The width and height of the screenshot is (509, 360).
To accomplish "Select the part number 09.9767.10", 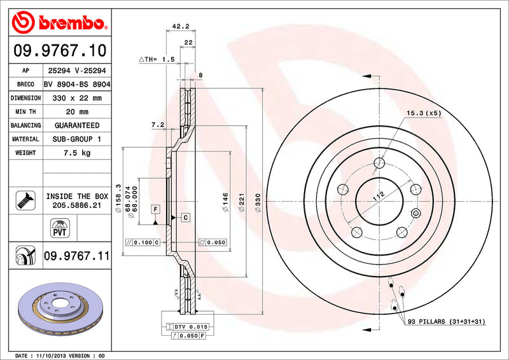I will point(59,50).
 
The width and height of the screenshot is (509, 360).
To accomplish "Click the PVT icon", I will point(59,227).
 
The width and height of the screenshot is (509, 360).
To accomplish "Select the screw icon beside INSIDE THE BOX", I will point(21,201).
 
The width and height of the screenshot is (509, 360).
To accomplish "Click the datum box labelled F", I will point(155,209).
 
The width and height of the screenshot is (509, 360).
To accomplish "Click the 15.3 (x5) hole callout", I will point(424,113).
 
